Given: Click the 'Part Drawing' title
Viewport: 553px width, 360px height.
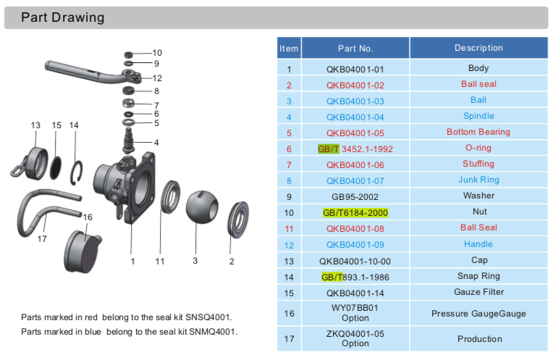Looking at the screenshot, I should click(x=62, y=17).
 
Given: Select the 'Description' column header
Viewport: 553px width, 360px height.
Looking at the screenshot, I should click(x=478, y=48).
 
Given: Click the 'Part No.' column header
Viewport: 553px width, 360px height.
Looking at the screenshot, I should click(x=355, y=49).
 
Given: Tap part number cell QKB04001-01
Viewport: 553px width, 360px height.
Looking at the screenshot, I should click(x=355, y=69).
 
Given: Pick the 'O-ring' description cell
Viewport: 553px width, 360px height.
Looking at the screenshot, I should click(x=478, y=148).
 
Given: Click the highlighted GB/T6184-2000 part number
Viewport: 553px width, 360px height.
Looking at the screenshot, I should click(x=355, y=212).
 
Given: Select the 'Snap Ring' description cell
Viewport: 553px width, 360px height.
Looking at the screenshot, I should click(x=478, y=276).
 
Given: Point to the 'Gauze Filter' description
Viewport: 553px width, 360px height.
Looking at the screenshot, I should click(x=478, y=292).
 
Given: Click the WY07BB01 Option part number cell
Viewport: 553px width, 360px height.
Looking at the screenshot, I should click(x=355, y=312).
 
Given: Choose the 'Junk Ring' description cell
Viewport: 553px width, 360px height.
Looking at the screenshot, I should click(x=478, y=180).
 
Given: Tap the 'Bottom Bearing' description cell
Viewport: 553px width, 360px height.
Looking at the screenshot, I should click(x=478, y=132).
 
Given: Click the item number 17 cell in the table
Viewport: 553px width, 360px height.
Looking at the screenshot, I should click(x=289, y=338).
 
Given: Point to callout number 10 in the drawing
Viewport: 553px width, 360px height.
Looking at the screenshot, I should click(x=157, y=53).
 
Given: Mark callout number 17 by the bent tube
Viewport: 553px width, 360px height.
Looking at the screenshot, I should click(x=42, y=237).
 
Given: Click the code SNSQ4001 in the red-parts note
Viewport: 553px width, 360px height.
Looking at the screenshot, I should click(x=210, y=317).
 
